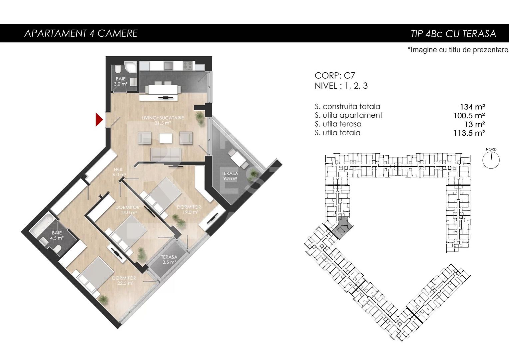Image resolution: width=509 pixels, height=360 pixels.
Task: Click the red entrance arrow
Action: click(x=99, y=119)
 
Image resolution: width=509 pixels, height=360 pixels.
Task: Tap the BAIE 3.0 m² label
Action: click(x=121, y=81)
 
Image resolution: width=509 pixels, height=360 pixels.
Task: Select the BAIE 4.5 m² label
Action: click(x=57, y=235)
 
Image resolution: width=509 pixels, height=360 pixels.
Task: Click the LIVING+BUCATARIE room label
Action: click(x=163, y=120)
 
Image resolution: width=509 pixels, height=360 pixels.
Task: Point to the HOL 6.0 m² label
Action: click(x=119, y=172)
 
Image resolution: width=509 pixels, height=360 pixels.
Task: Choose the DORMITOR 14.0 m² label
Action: click(x=128, y=210)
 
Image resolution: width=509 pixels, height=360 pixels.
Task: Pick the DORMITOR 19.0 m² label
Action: click(x=189, y=209)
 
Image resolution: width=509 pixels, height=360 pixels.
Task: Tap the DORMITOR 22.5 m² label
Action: click(x=124, y=280)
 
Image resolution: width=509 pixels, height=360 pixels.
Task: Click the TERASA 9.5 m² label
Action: click(x=230, y=176)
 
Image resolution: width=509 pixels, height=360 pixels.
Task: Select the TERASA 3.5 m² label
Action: click(x=169, y=259)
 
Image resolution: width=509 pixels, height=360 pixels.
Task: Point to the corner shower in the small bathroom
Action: click(x=131, y=67)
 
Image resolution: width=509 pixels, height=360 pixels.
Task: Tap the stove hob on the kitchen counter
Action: click(x=188, y=66)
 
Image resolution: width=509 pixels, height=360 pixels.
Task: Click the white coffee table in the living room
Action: click(x=166, y=138)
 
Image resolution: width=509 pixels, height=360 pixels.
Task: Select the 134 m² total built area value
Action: click(x=473, y=107)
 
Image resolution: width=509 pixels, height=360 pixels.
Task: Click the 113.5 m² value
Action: click(x=469, y=133)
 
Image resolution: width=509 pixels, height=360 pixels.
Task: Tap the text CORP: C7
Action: click(x=335, y=76)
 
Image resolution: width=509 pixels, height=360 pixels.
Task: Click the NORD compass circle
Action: click(x=491, y=160)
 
